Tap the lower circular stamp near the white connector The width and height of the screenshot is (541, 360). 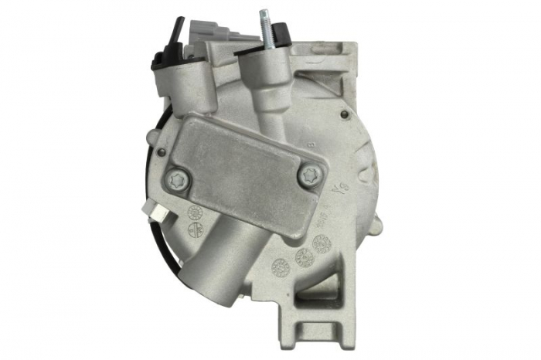[x=196, y=229]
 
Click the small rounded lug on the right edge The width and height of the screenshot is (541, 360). [x=378, y=224]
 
